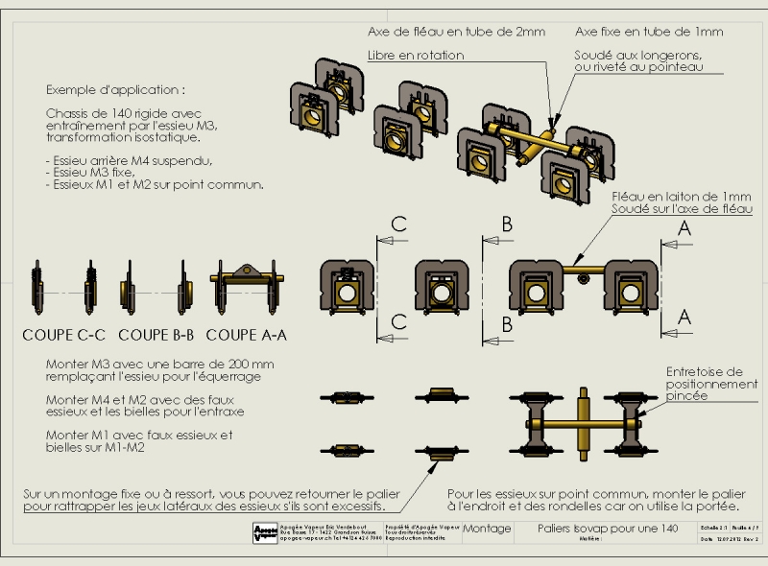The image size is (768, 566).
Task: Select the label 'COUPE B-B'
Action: click(157, 335)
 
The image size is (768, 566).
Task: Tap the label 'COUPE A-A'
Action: click(247, 335)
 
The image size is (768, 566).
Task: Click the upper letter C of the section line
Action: click(399, 224)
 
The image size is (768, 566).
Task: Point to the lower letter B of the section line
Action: click(507, 325)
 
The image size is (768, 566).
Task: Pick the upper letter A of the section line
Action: click(684, 227)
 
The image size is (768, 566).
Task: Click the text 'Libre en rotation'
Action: click(416, 56)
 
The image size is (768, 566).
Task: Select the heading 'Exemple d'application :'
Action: click(115, 90)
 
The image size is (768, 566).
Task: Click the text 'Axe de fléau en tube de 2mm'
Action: click(456, 32)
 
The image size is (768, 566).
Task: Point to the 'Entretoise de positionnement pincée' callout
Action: click(704, 383)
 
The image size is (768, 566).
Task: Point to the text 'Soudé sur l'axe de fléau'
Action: click(682, 209)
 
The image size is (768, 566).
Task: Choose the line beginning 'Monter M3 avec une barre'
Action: click(159, 364)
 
